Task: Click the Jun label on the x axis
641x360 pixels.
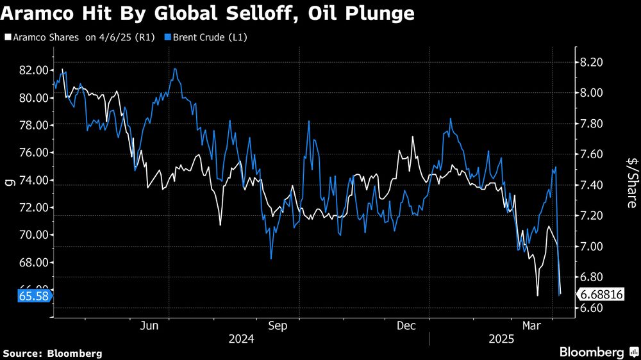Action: [x=149, y=326]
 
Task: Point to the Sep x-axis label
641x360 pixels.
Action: [x=278, y=326]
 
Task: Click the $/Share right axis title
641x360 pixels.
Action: [x=631, y=183]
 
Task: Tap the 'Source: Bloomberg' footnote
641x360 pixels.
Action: [x=53, y=353]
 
